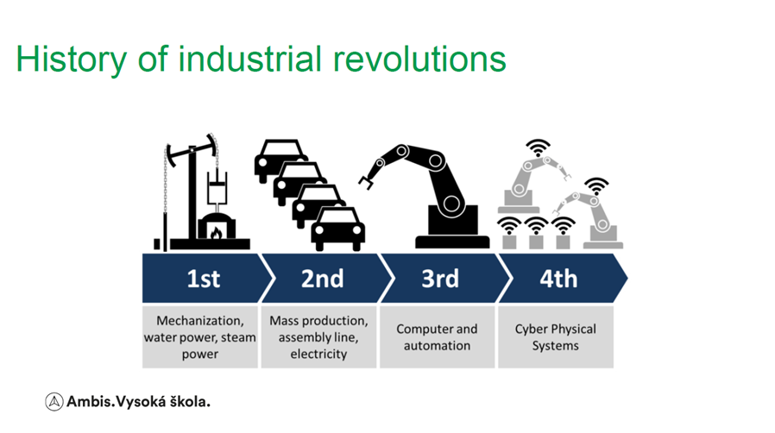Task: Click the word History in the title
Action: point(71,60)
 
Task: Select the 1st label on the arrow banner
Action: point(203,279)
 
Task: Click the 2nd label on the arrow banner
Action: point(322,279)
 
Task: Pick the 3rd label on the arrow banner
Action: point(440,279)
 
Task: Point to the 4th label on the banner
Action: point(558,279)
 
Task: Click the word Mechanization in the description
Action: point(200,321)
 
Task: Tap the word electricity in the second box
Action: point(318,354)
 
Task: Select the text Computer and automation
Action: point(437,337)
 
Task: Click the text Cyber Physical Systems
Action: point(556,337)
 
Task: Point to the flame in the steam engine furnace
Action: point(216,232)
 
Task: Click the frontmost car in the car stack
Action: point(338,229)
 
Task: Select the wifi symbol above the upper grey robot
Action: point(538,148)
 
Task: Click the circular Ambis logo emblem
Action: point(54,402)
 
